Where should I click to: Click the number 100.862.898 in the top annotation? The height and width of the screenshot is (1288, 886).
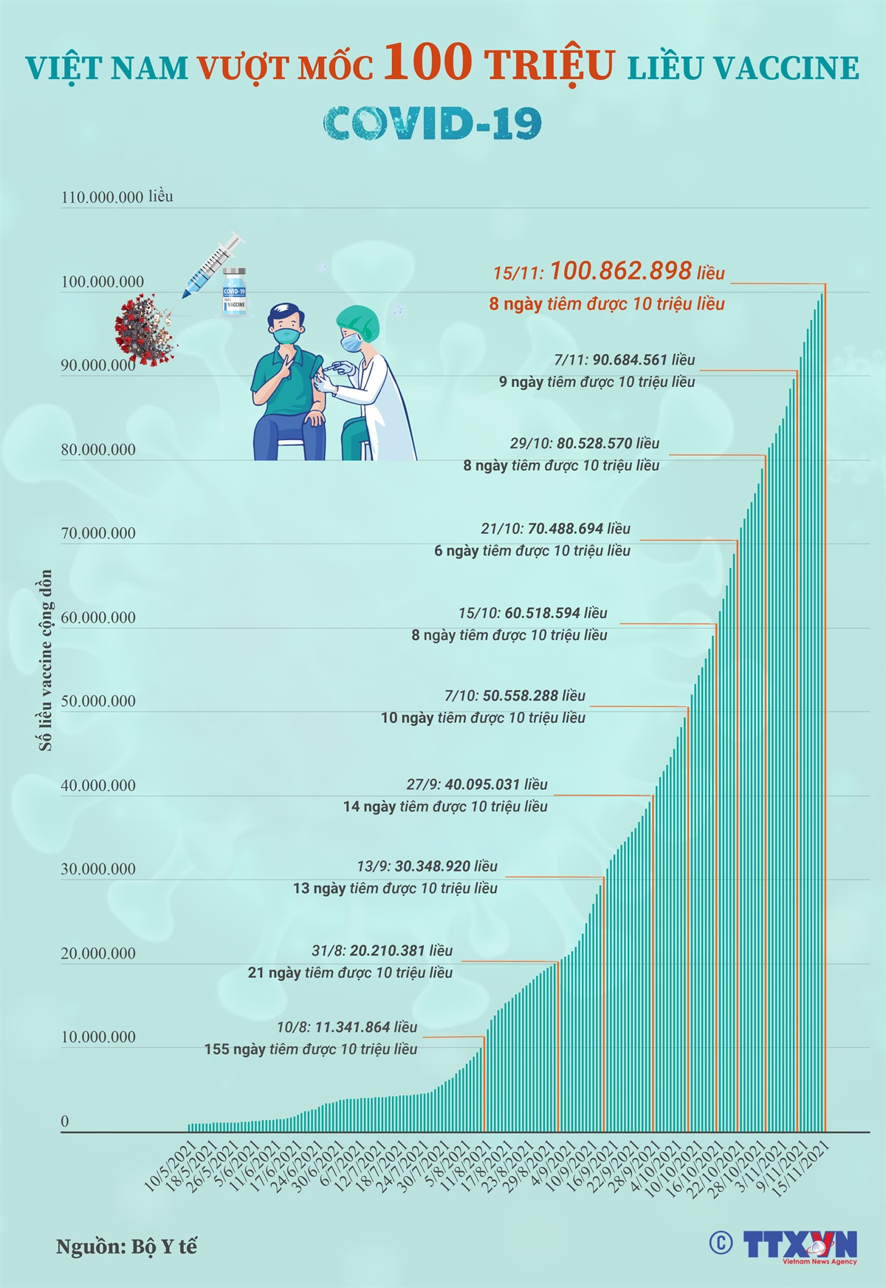click(620, 271)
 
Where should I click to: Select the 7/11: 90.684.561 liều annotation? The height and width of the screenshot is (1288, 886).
click(625, 360)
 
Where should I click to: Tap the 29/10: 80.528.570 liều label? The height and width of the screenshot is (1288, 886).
click(584, 443)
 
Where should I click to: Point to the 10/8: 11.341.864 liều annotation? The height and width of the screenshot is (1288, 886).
click(347, 1027)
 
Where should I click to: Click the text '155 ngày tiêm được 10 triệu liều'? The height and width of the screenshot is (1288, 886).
click(311, 1049)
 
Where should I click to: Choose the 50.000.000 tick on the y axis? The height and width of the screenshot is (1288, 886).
click(98, 701)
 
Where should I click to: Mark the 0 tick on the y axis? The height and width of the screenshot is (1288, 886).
click(65, 1121)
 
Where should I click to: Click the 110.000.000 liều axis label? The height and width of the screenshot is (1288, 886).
click(117, 196)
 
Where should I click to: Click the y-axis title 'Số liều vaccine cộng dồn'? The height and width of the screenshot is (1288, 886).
click(46, 660)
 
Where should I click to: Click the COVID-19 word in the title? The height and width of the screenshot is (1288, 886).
click(433, 123)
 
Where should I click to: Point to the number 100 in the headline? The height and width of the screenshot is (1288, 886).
click(427, 62)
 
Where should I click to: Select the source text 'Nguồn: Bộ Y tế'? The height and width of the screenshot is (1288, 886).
click(126, 1247)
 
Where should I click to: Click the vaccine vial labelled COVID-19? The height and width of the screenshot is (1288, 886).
click(234, 293)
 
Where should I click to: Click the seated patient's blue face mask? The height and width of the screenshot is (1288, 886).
click(286, 335)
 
